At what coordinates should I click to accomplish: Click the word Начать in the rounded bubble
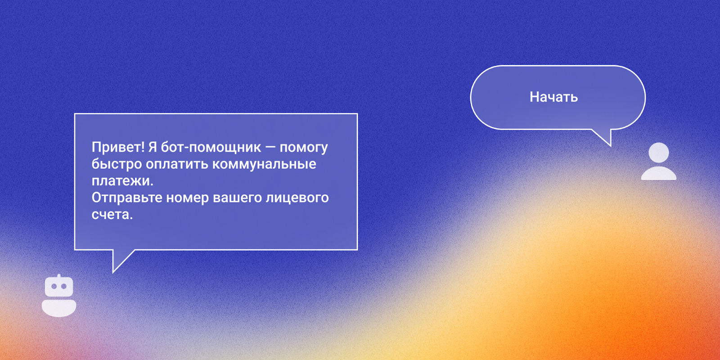553,97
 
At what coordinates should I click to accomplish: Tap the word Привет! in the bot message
118,147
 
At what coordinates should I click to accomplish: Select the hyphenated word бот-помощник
211,147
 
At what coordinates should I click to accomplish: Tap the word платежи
122,181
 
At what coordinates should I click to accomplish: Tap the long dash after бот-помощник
270,148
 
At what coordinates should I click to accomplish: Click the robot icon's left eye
54,286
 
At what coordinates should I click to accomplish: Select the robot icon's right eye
64,286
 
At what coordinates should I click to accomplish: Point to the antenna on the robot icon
59,276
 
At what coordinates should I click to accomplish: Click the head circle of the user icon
659,153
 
